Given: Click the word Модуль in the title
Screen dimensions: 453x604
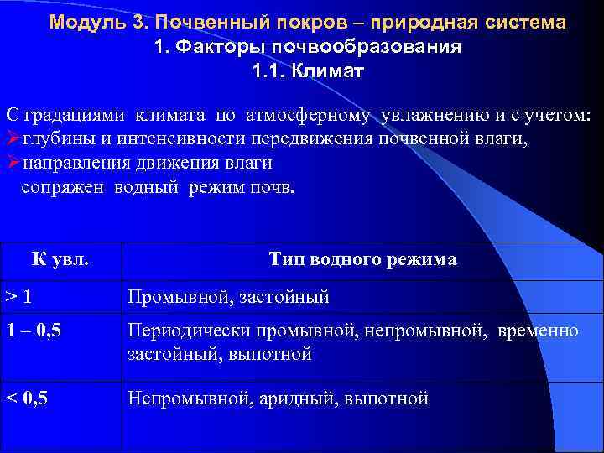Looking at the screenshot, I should [x=86, y=22].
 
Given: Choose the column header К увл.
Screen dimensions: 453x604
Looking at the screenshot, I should [x=61, y=259].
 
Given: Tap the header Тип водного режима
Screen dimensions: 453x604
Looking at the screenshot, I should [x=362, y=259].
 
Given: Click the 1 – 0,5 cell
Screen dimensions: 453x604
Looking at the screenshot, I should [x=34, y=331].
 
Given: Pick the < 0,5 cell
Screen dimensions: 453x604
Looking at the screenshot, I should [x=28, y=398].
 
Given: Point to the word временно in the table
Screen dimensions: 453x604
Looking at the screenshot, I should [x=538, y=331].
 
